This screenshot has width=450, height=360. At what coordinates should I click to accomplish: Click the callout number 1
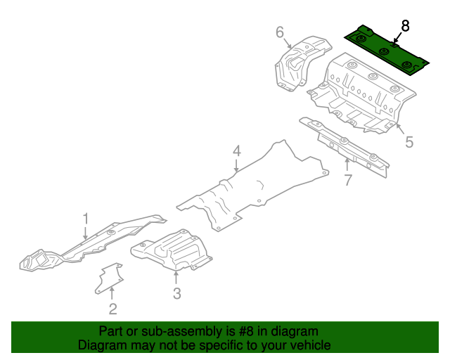[86, 219]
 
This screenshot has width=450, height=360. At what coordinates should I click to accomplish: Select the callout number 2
[112, 308]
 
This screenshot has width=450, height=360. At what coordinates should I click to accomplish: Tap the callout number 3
[177, 293]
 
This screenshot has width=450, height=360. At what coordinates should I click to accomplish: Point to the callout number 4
[237, 150]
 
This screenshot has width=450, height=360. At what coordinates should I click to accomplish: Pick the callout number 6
[279, 32]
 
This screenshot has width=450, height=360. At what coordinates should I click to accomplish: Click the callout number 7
[347, 180]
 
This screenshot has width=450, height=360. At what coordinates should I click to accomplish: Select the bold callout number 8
[404, 26]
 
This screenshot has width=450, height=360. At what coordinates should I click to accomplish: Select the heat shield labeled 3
[172, 250]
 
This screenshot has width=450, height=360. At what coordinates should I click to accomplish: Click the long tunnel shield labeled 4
[253, 186]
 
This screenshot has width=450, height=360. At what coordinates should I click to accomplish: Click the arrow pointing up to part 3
[176, 276]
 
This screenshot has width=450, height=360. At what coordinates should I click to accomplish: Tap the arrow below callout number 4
[237, 166]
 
